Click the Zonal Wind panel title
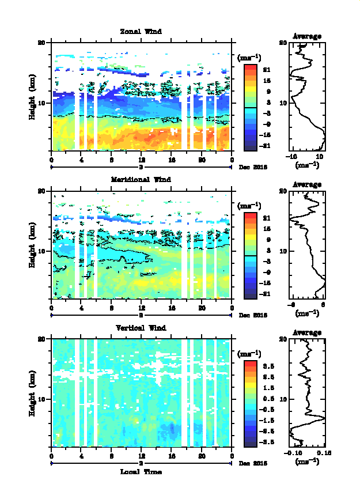pyautogui.click(x=141, y=31)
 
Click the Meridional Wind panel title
pyautogui.click(x=141, y=179)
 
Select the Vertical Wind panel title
pyautogui.click(x=141, y=328)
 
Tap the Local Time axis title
pyautogui.click(x=141, y=471)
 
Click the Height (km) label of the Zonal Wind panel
pyautogui.click(x=33, y=97)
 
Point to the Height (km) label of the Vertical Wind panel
pyautogui.click(x=33, y=393)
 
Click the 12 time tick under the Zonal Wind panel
pyautogui.click(x=142, y=160)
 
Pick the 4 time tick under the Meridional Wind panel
pyautogui.click(x=81, y=308)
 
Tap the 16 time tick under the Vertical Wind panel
pyautogui.click(x=172, y=456)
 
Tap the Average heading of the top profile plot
pyautogui.click(x=307, y=36)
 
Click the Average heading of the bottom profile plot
pyautogui.click(x=307, y=332)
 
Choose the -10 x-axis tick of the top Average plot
pyautogui.click(x=293, y=156)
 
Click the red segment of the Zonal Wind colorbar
pyautogui.click(x=250, y=69)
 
